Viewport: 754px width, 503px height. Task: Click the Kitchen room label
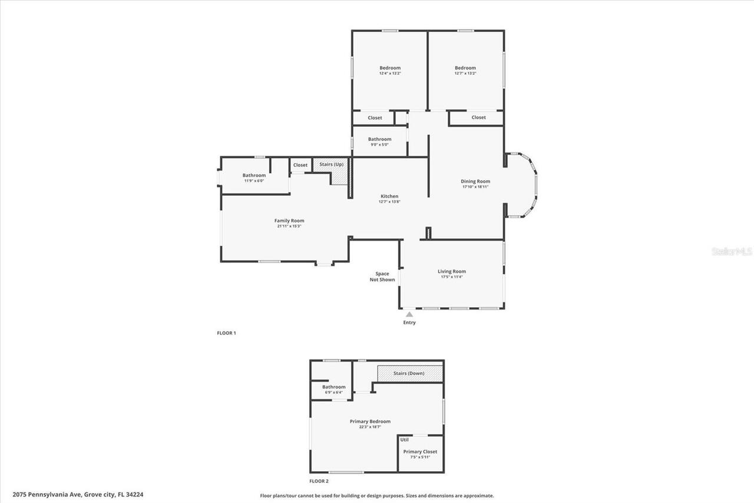pyautogui.click(x=389, y=196)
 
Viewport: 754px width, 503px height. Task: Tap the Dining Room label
pyautogui.click(x=475, y=182)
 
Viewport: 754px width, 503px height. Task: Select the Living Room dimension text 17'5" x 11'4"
pyautogui.click(x=451, y=277)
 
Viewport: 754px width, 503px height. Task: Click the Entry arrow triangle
pyautogui.click(x=409, y=314)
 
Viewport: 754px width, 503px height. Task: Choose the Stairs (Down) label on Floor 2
pyautogui.click(x=409, y=373)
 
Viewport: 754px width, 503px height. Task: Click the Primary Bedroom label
pyautogui.click(x=370, y=422)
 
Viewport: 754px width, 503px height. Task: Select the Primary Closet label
pyautogui.click(x=420, y=452)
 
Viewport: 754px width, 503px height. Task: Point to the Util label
pyautogui.click(x=405, y=439)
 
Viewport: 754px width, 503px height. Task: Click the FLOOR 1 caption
pyautogui.click(x=226, y=333)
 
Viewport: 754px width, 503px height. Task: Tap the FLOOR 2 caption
pyautogui.click(x=319, y=482)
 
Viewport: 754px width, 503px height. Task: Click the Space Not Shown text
pyautogui.click(x=382, y=277)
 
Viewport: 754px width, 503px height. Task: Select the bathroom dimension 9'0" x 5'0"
pyautogui.click(x=380, y=144)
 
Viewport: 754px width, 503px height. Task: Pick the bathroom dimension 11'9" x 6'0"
pyautogui.click(x=254, y=180)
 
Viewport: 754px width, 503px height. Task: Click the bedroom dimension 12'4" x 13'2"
pyautogui.click(x=390, y=73)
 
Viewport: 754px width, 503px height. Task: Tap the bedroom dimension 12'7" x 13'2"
pyautogui.click(x=465, y=73)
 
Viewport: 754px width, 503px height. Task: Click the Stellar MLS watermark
pyautogui.click(x=732, y=251)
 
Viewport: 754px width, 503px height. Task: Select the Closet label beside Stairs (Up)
pyautogui.click(x=300, y=165)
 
